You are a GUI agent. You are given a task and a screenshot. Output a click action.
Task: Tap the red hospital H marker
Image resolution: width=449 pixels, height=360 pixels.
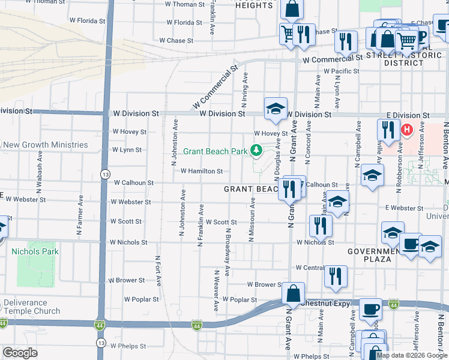[407, 130]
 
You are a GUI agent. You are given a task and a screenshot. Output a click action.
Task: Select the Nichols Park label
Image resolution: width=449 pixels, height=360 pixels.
[35, 251]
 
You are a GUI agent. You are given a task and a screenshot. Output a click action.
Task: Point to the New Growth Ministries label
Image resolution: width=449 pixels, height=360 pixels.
[45, 145]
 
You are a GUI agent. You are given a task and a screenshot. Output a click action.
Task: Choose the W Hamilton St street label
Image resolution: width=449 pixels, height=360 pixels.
[202, 171]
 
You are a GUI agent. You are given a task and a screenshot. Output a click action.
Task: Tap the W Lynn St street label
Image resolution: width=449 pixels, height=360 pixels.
[127, 149]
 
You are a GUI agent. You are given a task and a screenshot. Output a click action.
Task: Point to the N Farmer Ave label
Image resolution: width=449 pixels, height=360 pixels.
[80, 221]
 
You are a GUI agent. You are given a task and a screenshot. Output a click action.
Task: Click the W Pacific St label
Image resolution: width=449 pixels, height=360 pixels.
[341, 71]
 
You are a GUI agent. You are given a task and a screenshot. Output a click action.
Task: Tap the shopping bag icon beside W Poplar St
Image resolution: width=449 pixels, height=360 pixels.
[294, 293]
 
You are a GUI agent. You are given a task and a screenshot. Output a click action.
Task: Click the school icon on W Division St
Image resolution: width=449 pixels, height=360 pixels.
[276, 109]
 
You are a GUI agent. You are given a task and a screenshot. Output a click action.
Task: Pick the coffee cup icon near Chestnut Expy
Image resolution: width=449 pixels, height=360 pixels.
[370, 309]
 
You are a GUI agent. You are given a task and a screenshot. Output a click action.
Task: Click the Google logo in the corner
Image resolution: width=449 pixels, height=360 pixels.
[20, 353]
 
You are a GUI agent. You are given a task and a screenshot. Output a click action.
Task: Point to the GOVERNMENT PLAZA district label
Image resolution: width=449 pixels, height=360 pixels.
[370, 255]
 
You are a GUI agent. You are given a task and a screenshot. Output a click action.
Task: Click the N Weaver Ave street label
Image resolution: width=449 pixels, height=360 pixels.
[215, 291]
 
